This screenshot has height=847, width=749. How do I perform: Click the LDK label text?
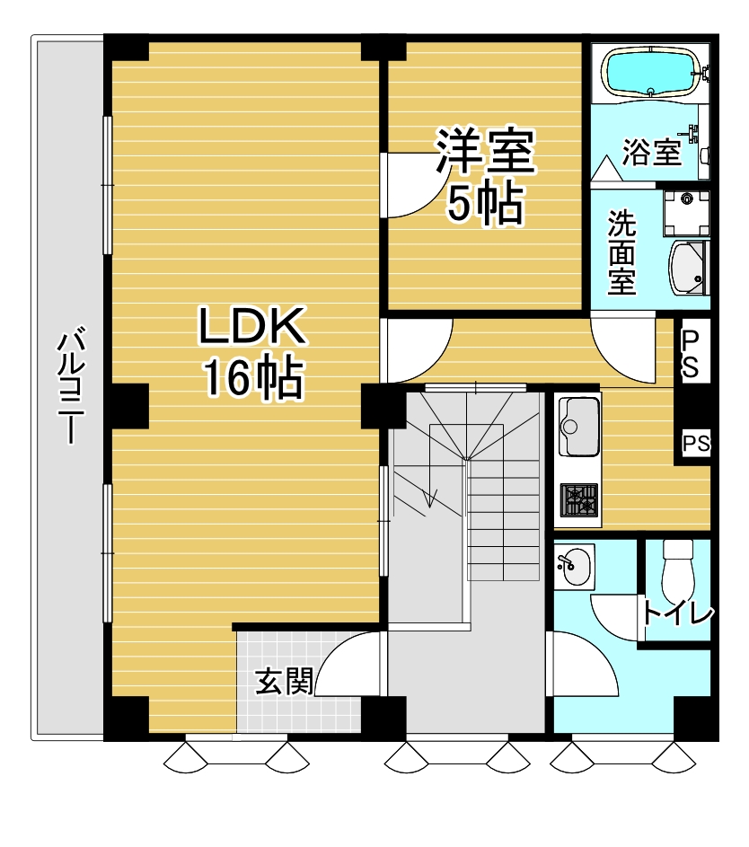(252, 326)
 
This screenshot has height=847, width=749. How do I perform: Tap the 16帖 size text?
(252, 377)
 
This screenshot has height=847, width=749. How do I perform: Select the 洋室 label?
(485, 151)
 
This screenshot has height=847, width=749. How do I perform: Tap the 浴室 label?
(651, 152)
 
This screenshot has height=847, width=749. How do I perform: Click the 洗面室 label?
(621, 252)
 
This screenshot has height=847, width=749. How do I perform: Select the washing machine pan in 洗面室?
(686, 214)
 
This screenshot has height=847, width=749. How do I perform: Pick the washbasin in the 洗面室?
(687, 269)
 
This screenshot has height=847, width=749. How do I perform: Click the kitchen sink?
(578, 427)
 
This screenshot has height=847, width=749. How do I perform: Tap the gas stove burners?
(579, 500)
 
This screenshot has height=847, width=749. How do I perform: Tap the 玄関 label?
(284, 682)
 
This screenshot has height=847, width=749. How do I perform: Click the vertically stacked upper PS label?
(690, 354)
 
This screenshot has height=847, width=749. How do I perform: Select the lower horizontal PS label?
(696, 444)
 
